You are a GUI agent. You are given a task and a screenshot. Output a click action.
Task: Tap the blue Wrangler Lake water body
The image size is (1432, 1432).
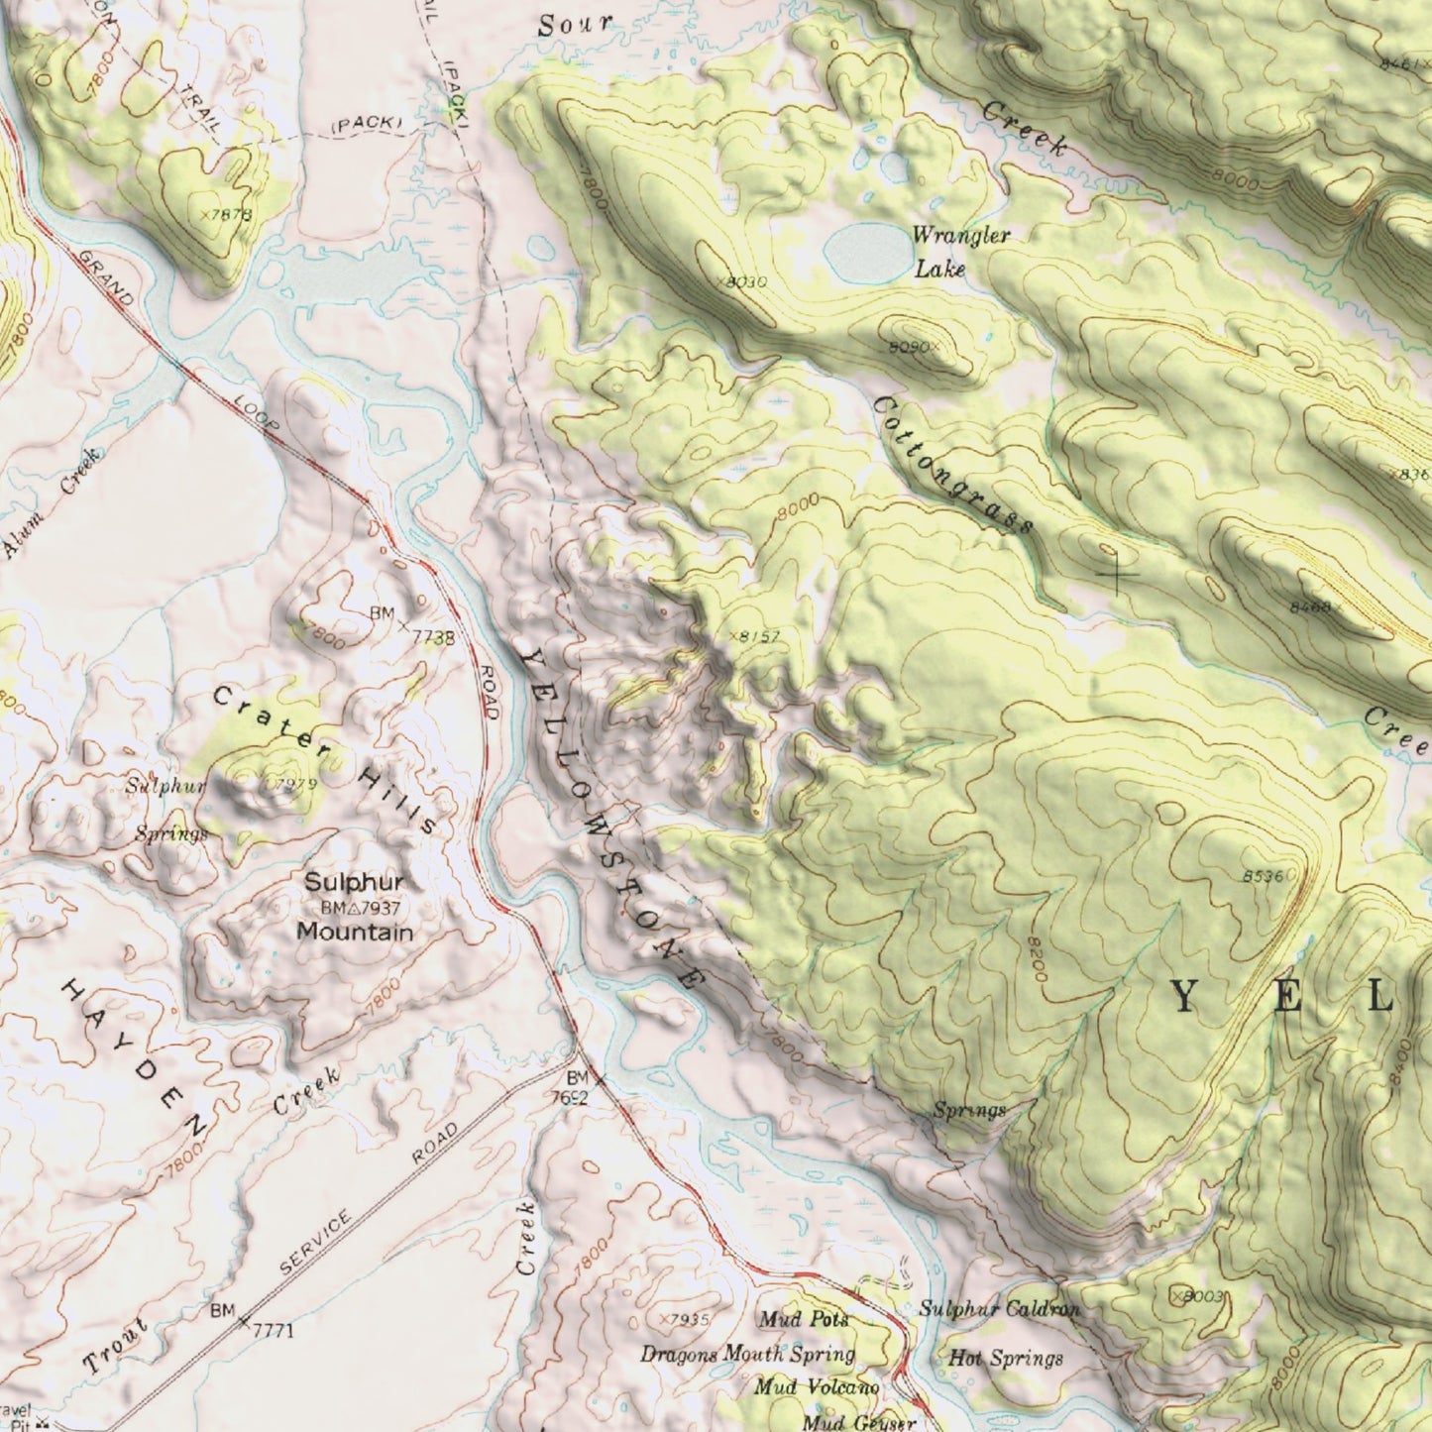pyautogui.click(x=868, y=252)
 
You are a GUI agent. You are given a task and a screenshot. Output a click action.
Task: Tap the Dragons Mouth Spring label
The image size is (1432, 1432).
pyautogui.click(x=747, y=1354)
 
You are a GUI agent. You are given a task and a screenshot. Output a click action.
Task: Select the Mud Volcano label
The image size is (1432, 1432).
pyautogui.click(x=816, y=1387)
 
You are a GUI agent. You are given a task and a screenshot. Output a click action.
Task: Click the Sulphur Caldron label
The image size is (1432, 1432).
pyautogui.click(x=999, y=1308)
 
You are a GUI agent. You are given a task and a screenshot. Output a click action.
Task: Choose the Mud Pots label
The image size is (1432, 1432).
pyautogui.click(x=804, y=1319)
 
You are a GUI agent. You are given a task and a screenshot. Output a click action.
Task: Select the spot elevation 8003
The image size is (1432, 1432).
pyautogui.click(x=1201, y=1296)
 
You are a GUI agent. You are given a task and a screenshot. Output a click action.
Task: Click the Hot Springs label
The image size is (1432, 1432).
pyautogui.click(x=1006, y=1358)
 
